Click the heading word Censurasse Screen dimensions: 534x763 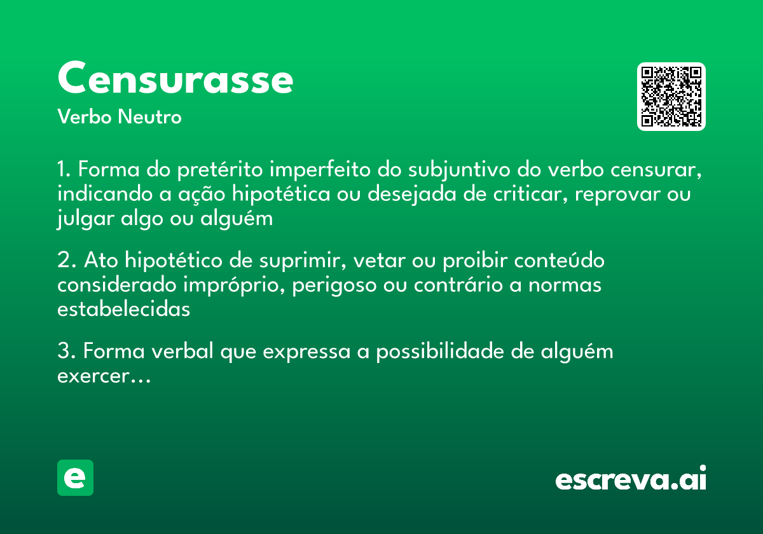pos(175,79)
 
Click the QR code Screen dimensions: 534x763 pos(671,97)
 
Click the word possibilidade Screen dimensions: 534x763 pos(439,352)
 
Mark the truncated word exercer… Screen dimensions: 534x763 pos(104,376)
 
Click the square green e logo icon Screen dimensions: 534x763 pos(75,477)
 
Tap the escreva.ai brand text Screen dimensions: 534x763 pos(631,479)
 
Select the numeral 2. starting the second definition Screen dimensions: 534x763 pos(66,261)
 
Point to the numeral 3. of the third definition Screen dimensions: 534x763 pos(66,352)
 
